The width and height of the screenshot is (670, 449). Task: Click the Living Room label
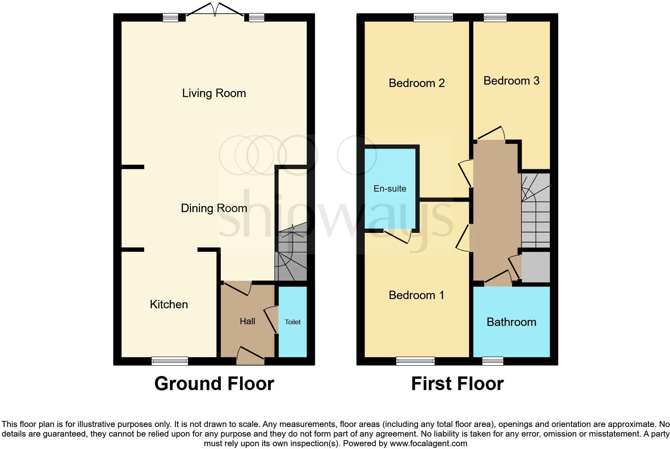pos(214,93)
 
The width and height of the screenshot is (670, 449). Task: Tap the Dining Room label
pos(214,208)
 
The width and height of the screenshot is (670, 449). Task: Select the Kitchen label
pos(169,305)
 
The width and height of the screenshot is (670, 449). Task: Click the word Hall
pos(247,322)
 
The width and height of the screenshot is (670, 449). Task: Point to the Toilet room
pos(293,322)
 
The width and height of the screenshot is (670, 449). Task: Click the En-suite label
pos(390,189)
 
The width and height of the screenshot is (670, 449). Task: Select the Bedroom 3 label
pos(511,81)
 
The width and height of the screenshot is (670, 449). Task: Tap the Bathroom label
pos(511,322)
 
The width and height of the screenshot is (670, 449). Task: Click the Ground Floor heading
pos(214,384)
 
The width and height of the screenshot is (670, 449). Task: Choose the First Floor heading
pos(457,384)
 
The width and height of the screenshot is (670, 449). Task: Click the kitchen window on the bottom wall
pos(170,361)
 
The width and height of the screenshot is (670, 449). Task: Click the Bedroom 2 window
pos(433,17)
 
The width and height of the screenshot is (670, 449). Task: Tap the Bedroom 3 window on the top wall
pos(495,17)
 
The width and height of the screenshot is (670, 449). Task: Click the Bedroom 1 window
pos(415,361)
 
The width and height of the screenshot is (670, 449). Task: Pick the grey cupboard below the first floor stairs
pos(535,267)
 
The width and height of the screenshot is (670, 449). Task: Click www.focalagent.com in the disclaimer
pos(428,444)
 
